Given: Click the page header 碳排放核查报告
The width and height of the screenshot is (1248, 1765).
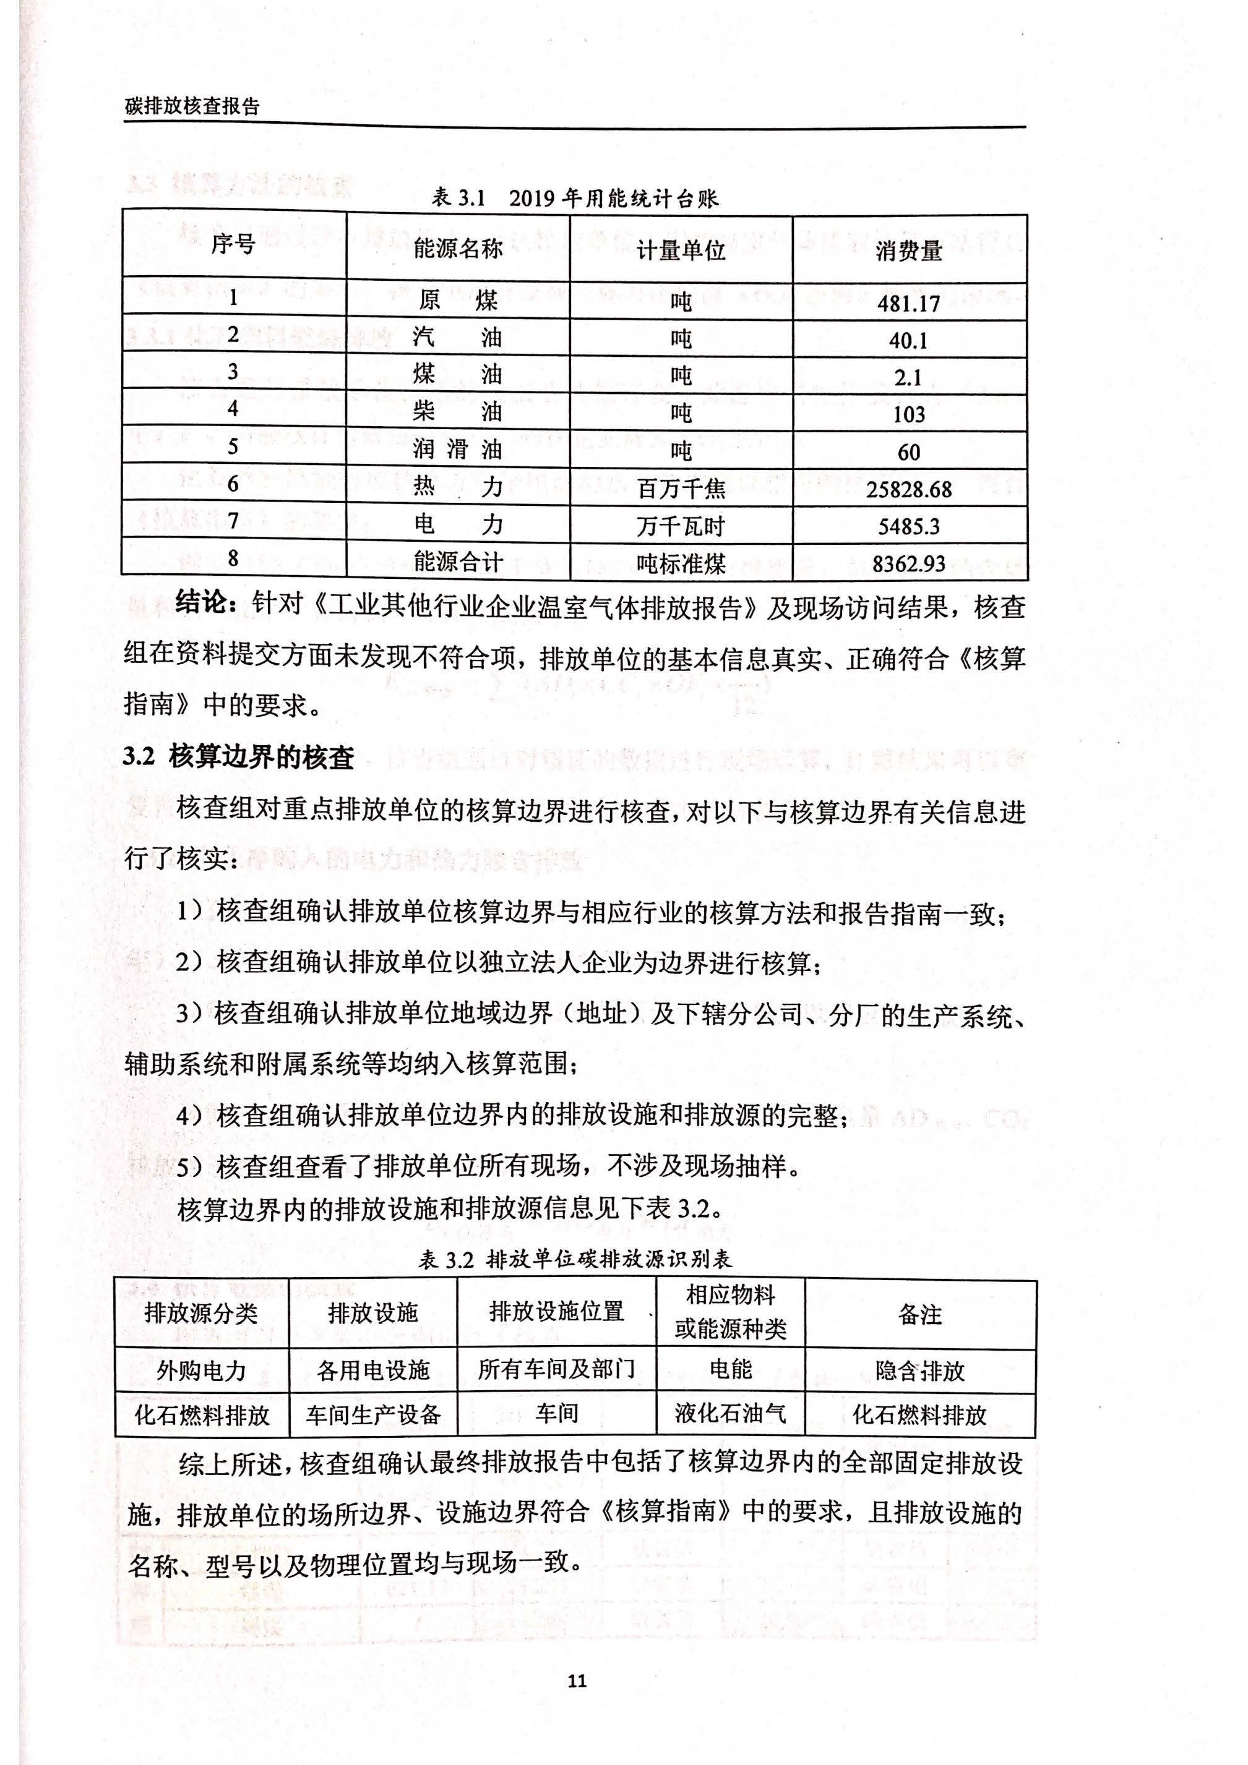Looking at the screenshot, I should click(192, 107).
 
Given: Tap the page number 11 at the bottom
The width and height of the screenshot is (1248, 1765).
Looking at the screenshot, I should click(577, 1680).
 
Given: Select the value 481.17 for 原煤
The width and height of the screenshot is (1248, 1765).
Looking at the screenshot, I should click(908, 304).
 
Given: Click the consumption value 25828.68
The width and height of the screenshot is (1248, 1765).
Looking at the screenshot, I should click(908, 489).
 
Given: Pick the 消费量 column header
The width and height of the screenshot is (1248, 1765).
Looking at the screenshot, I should click(908, 250).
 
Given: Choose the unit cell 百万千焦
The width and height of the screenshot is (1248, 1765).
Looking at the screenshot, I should click(681, 489).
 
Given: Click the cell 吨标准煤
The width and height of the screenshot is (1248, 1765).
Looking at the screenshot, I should click(681, 563).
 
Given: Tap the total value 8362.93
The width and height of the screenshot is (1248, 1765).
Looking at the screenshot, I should click(908, 563).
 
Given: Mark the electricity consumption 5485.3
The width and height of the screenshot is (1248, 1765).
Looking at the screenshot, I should click(908, 526).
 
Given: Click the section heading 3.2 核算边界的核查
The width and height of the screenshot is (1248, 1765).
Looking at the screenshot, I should click(238, 757).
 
